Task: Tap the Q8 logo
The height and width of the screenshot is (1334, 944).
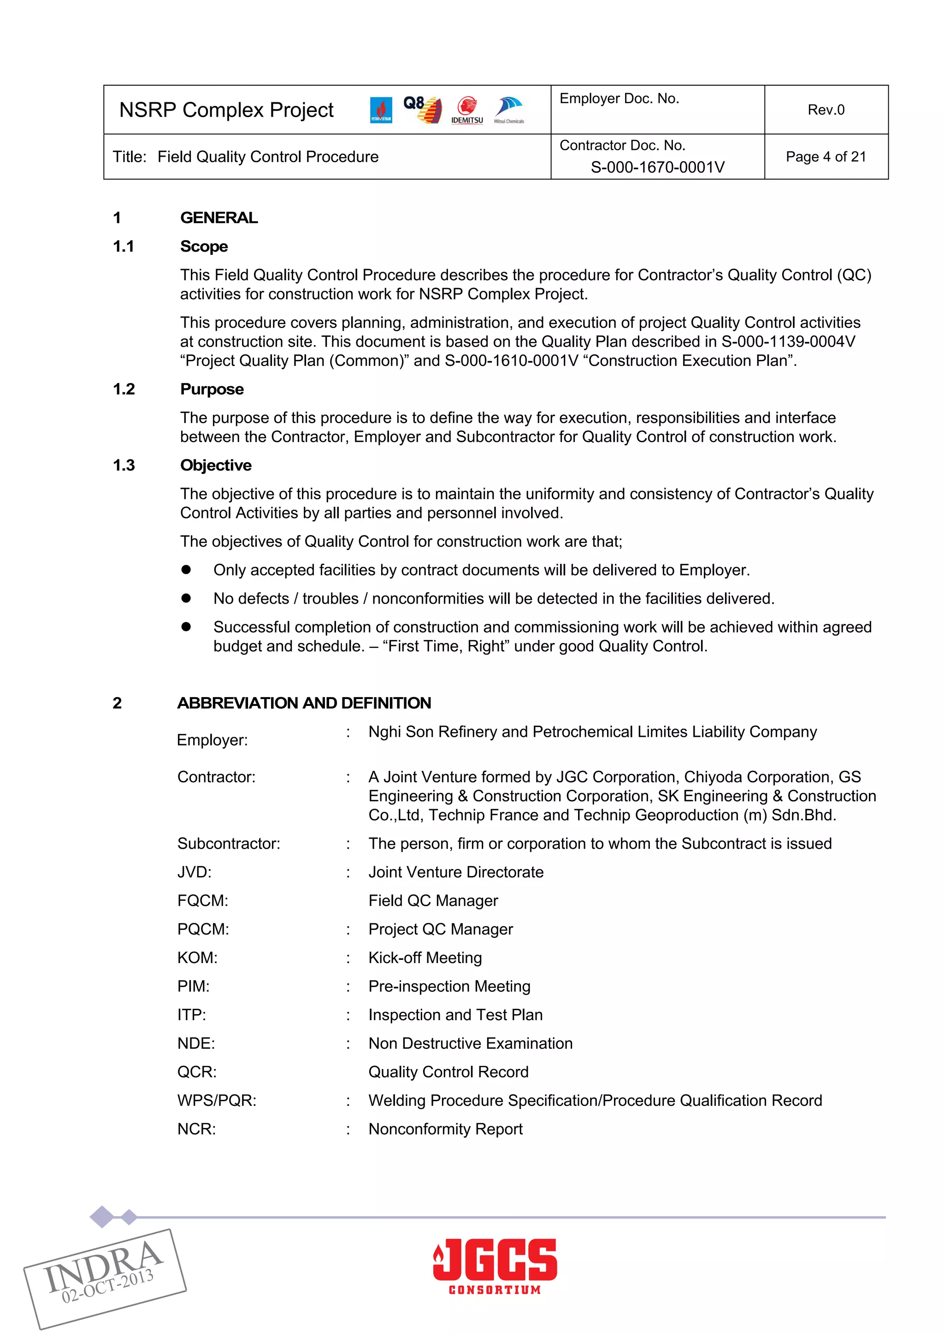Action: coord(423,109)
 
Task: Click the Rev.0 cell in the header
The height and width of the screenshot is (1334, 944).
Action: coord(826,110)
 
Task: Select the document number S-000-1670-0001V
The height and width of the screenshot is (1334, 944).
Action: coord(657,167)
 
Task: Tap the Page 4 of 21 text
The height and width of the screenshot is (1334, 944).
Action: coord(826,157)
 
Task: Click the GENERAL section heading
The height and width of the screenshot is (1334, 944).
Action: coord(218,218)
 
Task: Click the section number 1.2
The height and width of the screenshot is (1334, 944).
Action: coord(124,389)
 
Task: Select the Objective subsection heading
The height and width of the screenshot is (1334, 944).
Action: coord(216,465)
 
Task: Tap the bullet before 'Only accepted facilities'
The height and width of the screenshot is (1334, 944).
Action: coord(186,570)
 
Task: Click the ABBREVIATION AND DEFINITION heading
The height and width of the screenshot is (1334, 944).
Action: coord(304,703)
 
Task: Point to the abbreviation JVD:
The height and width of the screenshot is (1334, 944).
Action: coord(194,872)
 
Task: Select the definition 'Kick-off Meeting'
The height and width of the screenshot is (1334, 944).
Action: coord(425,958)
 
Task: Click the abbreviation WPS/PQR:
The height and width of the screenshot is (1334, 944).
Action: coord(217,1100)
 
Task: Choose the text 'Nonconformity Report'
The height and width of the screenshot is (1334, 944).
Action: coord(445,1129)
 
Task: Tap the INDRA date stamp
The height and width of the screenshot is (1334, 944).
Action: coord(105,1278)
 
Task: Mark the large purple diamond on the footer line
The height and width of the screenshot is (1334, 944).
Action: coord(102,1216)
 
